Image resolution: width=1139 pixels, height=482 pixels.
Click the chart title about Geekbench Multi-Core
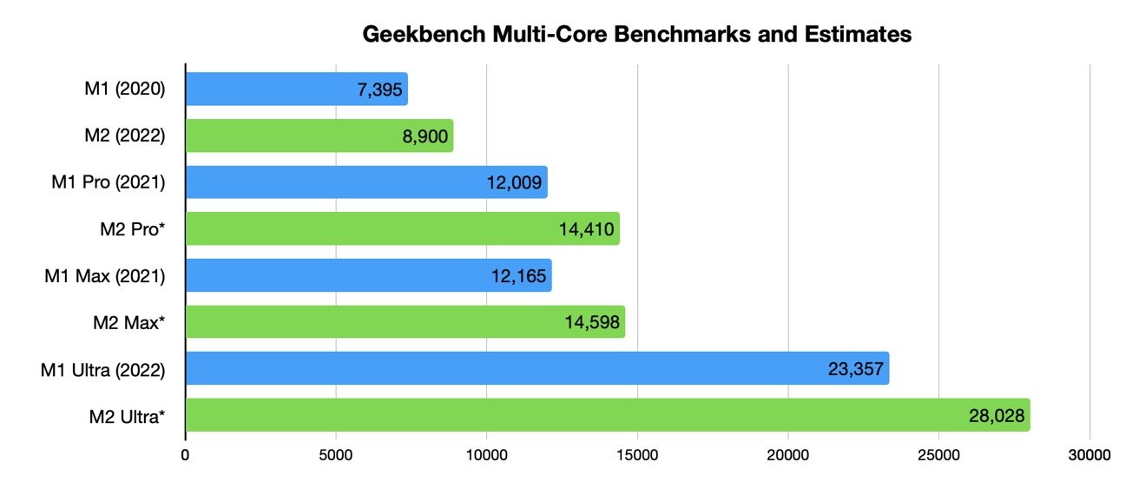[x=636, y=36]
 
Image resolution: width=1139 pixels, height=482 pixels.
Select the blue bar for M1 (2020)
[x=296, y=89]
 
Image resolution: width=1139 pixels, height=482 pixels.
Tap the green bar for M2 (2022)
[x=319, y=135]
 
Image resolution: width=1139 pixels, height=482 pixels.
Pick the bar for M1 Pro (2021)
[x=365, y=182]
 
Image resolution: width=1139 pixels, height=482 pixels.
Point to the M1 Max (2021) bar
[x=368, y=275]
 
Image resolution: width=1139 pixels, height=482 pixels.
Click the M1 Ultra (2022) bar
[x=537, y=369]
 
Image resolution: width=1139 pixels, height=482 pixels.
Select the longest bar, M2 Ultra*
[x=607, y=416]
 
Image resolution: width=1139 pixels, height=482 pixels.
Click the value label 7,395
[x=374, y=89]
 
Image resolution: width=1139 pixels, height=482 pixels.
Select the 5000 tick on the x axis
[x=336, y=454]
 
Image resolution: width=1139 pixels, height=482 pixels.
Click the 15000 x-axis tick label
[x=637, y=454]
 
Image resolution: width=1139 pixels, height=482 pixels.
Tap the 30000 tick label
[x=1090, y=454]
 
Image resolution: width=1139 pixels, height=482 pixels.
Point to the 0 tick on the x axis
[x=186, y=454]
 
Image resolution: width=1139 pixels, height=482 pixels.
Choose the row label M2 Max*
[x=128, y=323]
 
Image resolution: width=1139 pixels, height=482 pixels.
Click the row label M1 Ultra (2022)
[x=102, y=370]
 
